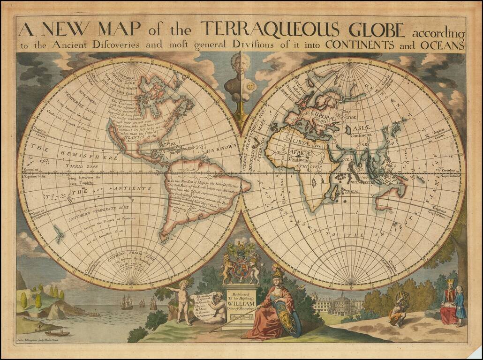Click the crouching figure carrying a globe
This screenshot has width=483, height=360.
[x=399, y=309]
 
